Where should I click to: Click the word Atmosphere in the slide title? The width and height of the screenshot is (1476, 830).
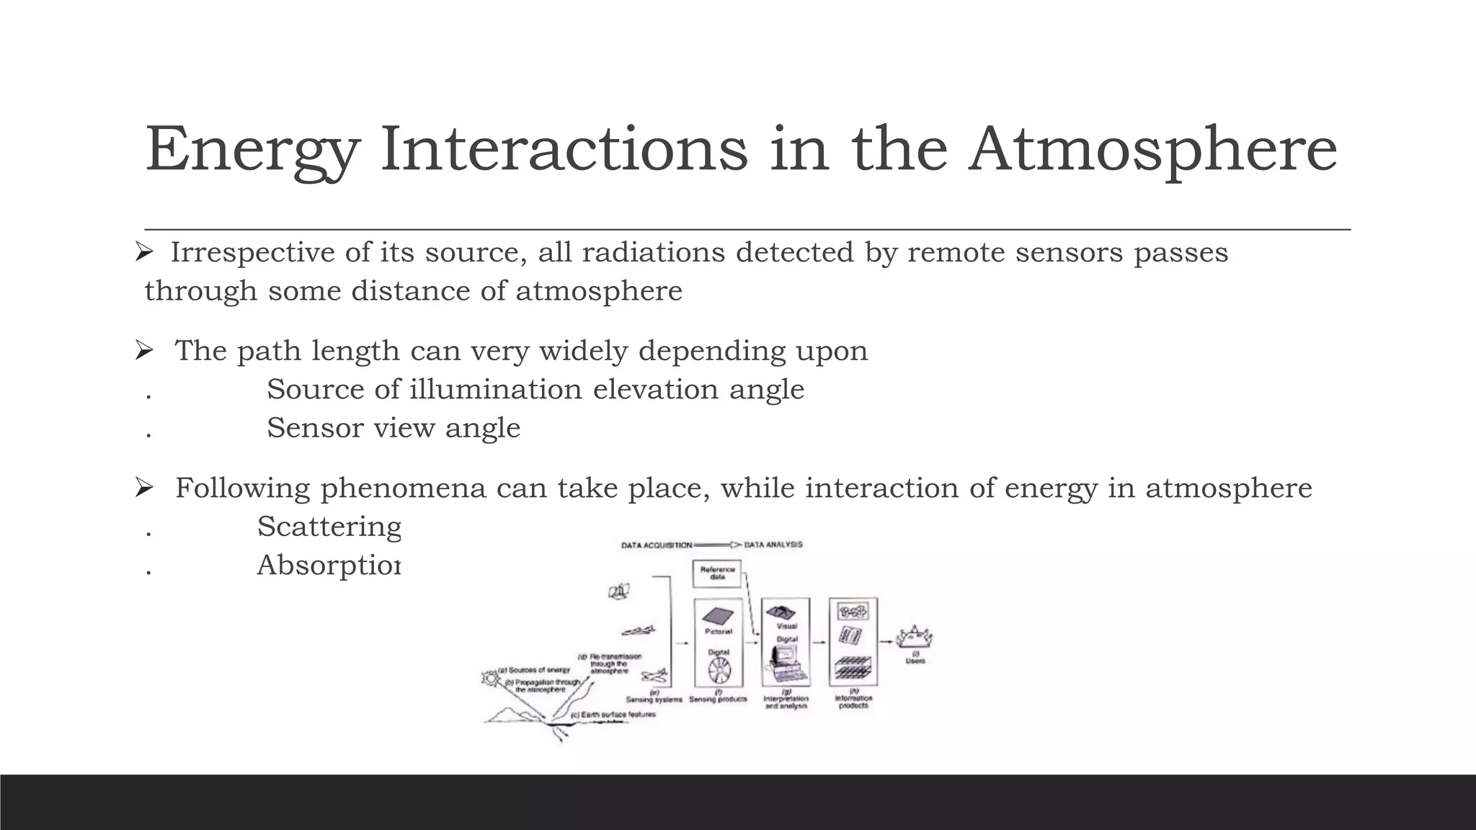click(x=1152, y=149)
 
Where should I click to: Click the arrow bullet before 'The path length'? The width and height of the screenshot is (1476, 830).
click(x=144, y=351)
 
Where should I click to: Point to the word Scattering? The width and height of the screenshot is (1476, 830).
click(x=329, y=527)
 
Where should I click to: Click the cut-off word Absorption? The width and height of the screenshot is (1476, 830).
click(x=328, y=566)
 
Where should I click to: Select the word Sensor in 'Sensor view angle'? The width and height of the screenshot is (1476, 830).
click(x=314, y=428)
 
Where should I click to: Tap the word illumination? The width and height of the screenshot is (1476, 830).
click(x=495, y=389)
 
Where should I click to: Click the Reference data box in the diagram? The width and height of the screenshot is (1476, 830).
click(x=717, y=574)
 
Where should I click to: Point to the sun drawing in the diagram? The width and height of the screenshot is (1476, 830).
click(x=492, y=678)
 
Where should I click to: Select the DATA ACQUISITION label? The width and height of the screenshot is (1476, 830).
click(x=656, y=545)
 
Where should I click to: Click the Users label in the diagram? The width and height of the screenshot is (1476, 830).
click(x=915, y=660)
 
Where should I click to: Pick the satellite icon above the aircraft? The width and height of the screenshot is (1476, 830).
click(x=618, y=592)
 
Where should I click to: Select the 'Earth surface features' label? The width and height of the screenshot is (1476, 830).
click(x=613, y=715)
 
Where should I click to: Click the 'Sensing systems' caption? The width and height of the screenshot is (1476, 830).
click(x=654, y=700)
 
